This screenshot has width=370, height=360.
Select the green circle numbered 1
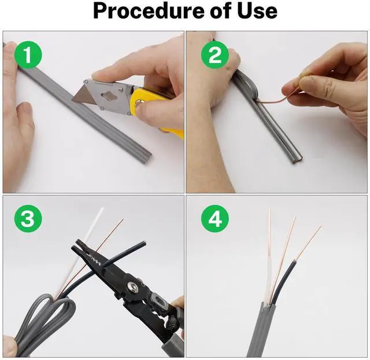[28, 55]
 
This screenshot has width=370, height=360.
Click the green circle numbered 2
[215, 55]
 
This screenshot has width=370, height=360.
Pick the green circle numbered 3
[28, 219]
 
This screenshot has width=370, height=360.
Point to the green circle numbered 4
[215, 219]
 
